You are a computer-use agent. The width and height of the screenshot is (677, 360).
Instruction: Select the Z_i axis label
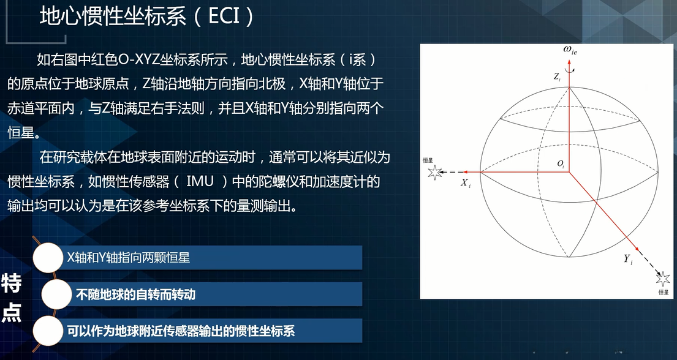coord(556,77)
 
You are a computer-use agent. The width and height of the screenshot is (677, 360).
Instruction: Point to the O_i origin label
coord(560,164)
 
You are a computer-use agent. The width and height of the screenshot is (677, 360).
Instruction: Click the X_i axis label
coord(466,182)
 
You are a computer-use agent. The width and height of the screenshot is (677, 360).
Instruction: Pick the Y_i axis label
coord(628,259)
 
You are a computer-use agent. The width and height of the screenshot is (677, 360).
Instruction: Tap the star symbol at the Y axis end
coord(663,279)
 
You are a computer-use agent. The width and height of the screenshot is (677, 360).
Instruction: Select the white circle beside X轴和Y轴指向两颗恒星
coord(48,258)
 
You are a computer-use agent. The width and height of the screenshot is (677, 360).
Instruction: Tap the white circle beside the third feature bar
coord(48,331)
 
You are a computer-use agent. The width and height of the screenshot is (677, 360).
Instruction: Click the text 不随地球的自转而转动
coord(135,294)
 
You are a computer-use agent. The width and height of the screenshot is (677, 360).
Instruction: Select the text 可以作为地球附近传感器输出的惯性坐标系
coord(181,331)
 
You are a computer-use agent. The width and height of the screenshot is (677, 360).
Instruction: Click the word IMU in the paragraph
coord(200,182)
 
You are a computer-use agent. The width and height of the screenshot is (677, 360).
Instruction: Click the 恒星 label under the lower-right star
coord(663,292)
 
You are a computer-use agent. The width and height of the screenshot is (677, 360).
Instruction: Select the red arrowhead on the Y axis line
coord(637,249)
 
